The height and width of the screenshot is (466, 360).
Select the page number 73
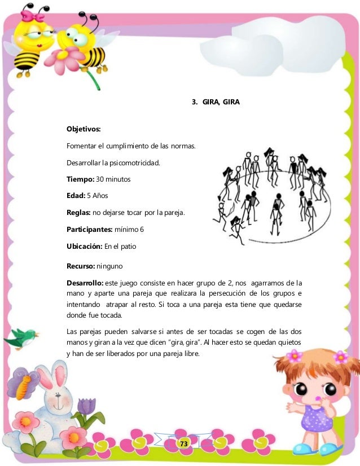[x=183, y=445]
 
